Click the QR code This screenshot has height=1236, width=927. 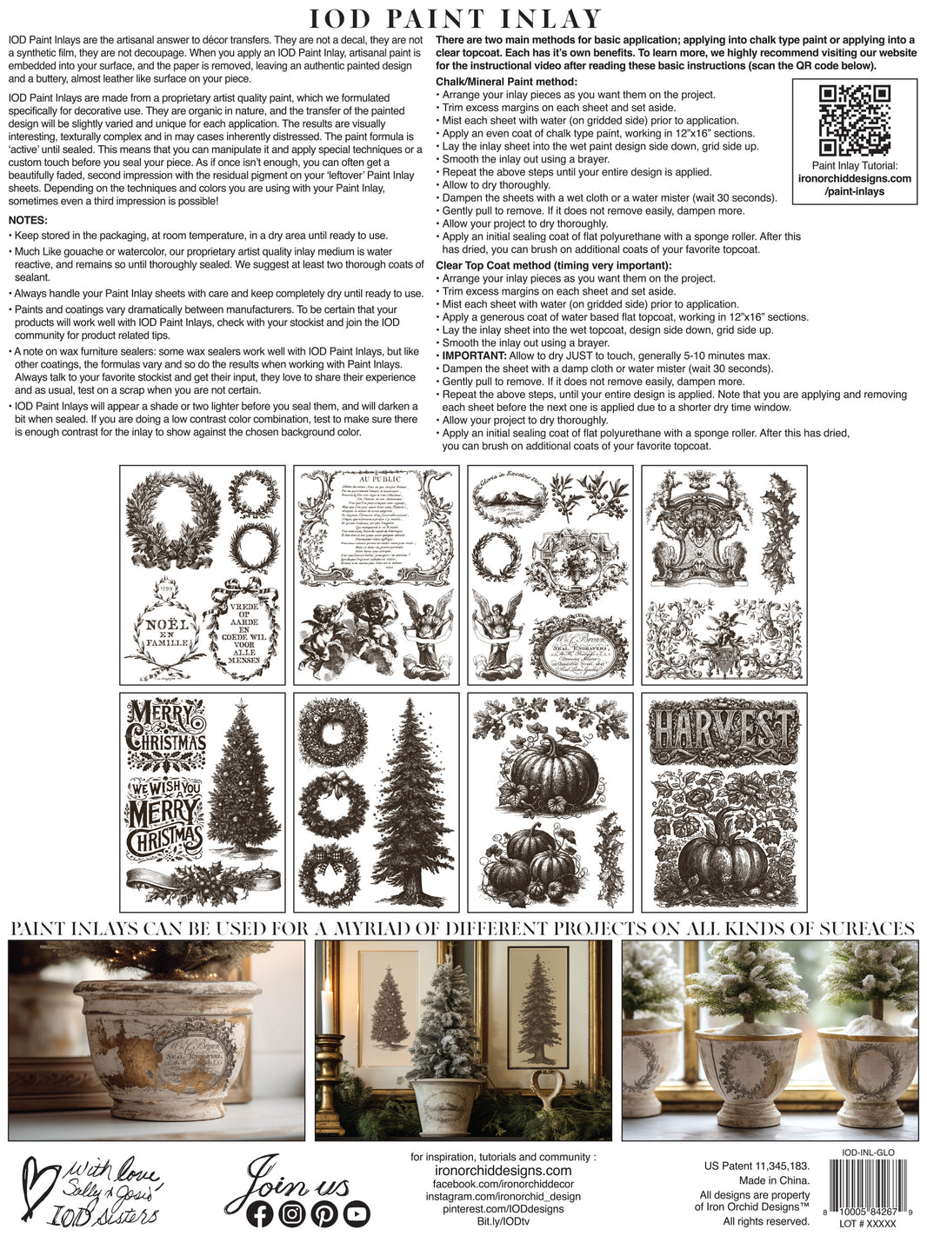coord(854,120)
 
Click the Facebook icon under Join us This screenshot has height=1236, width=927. coord(260,1213)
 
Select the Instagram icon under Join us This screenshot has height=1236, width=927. coord(292,1213)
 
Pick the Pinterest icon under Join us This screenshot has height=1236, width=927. coord(324,1213)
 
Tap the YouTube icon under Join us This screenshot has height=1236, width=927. coord(357,1213)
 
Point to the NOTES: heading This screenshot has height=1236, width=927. coord(28,220)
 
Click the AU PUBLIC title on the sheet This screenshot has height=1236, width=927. coord(379,478)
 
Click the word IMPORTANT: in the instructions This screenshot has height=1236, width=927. coord(474,356)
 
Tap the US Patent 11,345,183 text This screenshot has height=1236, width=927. coord(757,1166)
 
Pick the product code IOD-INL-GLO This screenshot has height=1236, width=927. coord(868,1153)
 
